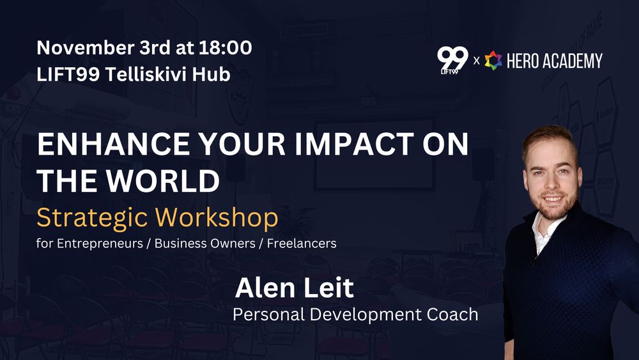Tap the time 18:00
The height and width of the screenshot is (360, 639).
pyautogui.click(x=226, y=48)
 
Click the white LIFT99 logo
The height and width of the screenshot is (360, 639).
pyautogui.click(x=452, y=60)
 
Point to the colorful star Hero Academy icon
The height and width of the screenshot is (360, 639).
pyautogui.click(x=493, y=60)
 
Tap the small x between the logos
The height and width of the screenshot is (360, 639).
pyautogui.click(x=477, y=61)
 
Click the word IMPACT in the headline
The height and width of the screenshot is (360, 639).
pyautogui.click(x=354, y=144)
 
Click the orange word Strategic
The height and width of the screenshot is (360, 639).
pyautogui.click(x=92, y=218)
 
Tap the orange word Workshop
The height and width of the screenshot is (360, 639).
pyautogui.click(x=217, y=217)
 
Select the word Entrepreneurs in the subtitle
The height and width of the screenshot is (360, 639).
pyautogui.click(x=100, y=244)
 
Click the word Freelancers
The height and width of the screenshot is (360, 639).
pyautogui.click(x=302, y=244)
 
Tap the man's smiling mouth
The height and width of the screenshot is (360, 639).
pyautogui.click(x=553, y=199)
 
